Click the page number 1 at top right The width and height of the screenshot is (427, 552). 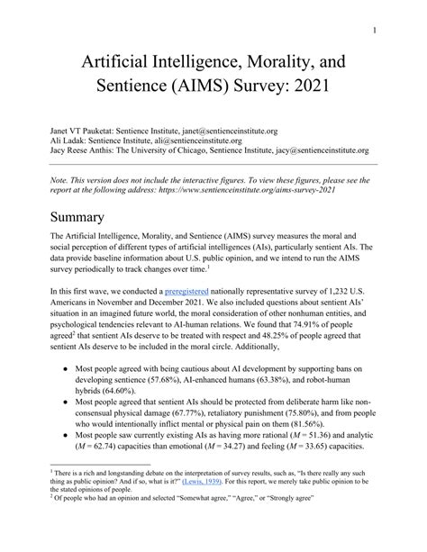(398, 29)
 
